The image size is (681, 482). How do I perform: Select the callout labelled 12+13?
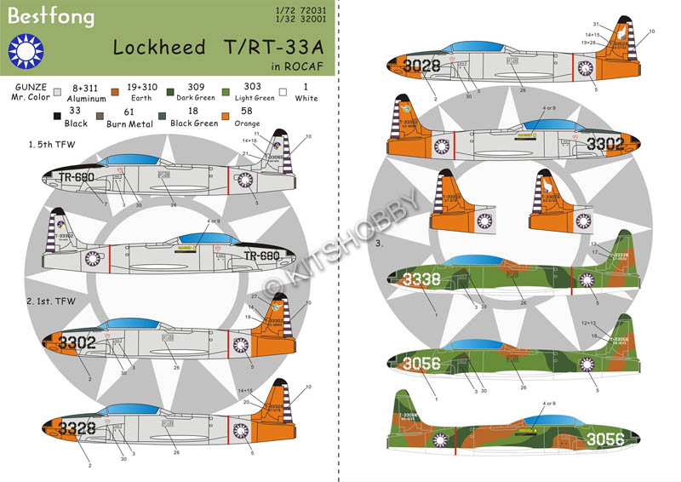(x=588, y=324)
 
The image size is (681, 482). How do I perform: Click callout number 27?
(x=254, y=296)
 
